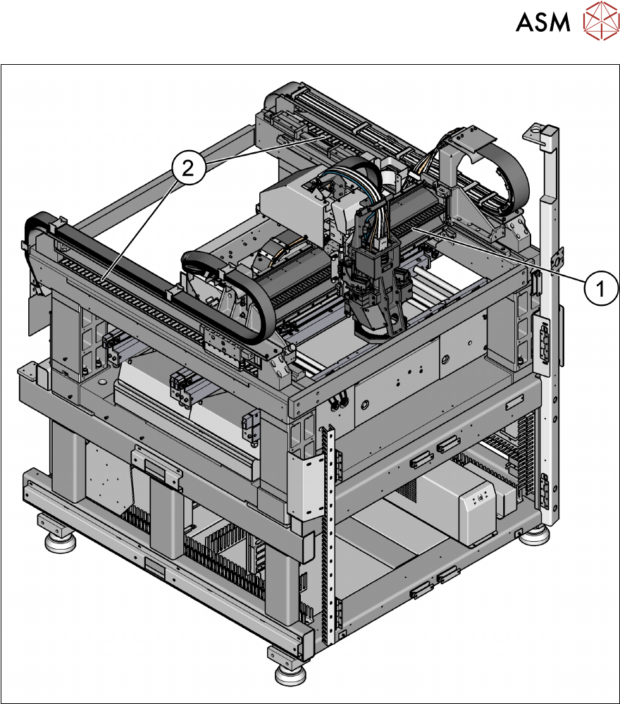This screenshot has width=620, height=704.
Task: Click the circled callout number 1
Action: pyautogui.click(x=601, y=288)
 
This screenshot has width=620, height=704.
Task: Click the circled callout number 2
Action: pyautogui.click(x=188, y=168)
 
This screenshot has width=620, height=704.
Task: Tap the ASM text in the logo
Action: pyautogui.click(x=542, y=22)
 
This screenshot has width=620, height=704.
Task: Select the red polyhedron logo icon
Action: pyautogui.click(x=601, y=20)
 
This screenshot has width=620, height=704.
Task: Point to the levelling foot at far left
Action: pyautogui.click(x=60, y=541)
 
